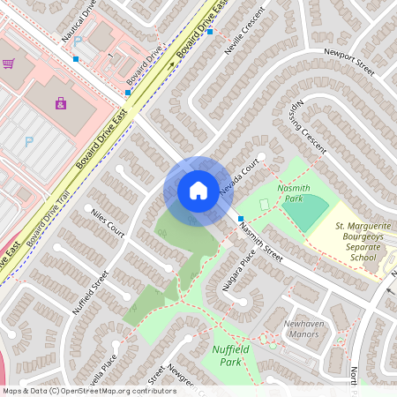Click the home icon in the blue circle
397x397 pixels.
pyautogui.click(x=198, y=191)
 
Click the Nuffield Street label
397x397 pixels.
pyautogui.click(x=89, y=293)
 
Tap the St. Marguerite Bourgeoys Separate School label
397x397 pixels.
pyautogui.click(x=362, y=241)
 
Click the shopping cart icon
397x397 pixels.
pyautogui.click(x=9, y=64)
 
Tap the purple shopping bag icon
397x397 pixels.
pyautogui.click(x=60, y=103)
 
